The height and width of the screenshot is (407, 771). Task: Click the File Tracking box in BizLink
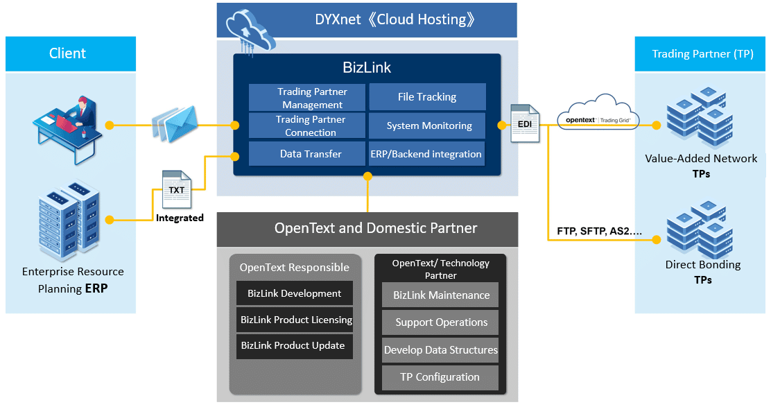(x=427, y=97)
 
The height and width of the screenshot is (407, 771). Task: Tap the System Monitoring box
(x=427, y=125)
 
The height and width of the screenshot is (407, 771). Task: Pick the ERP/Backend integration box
(x=427, y=154)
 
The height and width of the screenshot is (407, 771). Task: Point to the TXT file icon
(x=176, y=189)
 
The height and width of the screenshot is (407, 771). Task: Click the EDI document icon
(x=524, y=123)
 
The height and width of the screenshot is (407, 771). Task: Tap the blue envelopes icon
(x=173, y=123)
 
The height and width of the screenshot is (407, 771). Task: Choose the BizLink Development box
(x=294, y=293)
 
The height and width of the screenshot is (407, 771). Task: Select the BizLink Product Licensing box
(x=295, y=320)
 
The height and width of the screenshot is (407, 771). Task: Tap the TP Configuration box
(x=440, y=377)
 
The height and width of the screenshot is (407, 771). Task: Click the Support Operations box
(x=441, y=322)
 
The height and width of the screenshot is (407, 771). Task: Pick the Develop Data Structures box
(x=440, y=350)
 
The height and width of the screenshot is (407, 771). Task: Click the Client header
(x=68, y=53)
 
